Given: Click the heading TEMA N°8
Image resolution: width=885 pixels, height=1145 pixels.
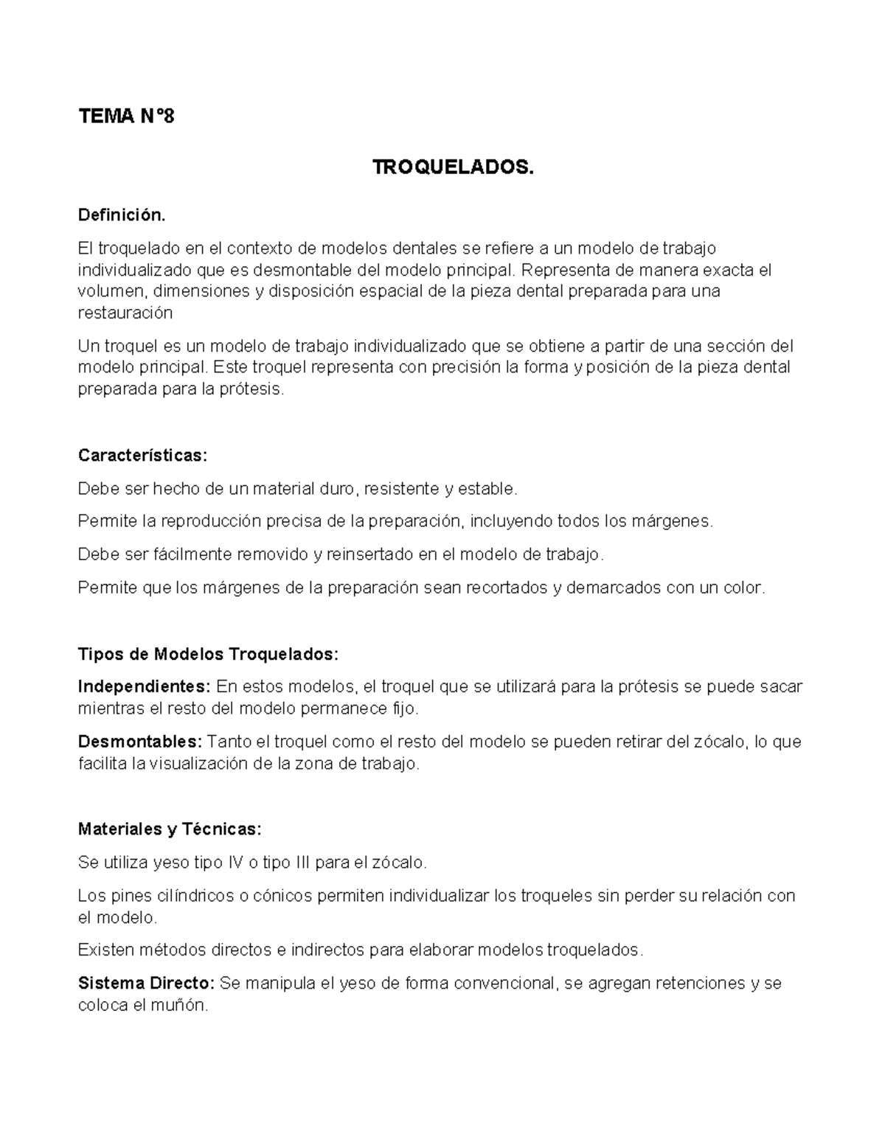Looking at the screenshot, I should (x=126, y=116).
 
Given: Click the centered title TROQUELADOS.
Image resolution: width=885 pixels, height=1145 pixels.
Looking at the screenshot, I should (x=452, y=168).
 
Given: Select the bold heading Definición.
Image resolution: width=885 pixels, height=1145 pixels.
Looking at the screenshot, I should (x=122, y=215).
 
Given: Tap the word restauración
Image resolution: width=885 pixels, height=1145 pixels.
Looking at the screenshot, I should (x=125, y=313).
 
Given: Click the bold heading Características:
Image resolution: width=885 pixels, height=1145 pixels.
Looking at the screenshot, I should (x=142, y=456).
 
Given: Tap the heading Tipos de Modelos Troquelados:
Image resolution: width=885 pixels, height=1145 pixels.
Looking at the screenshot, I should (x=208, y=654).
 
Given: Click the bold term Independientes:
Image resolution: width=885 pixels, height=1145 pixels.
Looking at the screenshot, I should (x=145, y=687).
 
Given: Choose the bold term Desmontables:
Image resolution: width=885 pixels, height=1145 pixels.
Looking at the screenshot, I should (x=139, y=742).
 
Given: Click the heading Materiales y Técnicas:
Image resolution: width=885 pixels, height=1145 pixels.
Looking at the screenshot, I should (x=170, y=829).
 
